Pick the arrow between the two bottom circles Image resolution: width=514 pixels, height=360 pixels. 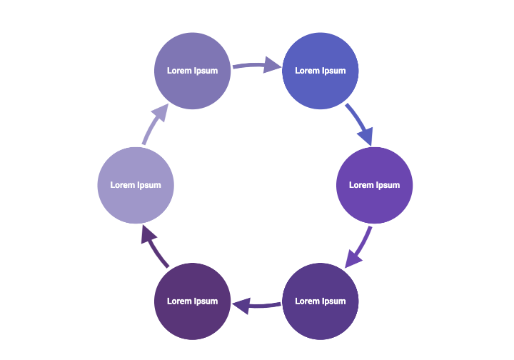(x=256, y=305)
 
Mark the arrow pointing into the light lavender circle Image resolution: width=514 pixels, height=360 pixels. (x=155, y=246)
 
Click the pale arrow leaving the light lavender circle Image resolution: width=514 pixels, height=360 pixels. (x=155, y=123)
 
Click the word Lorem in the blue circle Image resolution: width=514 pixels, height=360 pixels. (x=308, y=71)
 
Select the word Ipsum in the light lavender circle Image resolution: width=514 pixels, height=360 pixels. (x=148, y=185)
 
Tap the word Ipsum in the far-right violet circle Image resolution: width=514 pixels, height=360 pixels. (x=387, y=185)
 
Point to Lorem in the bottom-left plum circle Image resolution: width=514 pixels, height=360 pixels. (x=179, y=301)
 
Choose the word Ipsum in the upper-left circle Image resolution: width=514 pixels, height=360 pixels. (x=206, y=71)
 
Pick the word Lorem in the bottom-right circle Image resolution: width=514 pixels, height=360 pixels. (x=308, y=301)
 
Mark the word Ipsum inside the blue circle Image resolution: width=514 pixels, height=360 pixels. (x=333, y=71)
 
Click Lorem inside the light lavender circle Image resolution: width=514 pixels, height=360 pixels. (x=122, y=185)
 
